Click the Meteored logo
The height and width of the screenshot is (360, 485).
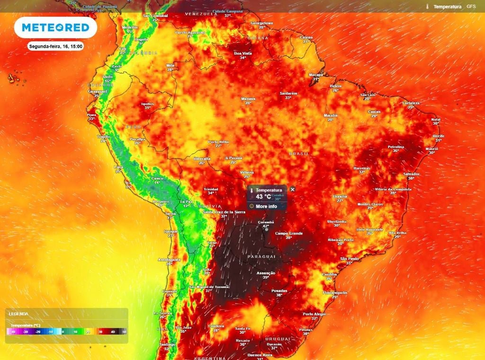[55, 28]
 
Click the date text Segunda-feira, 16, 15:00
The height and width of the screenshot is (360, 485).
[56, 46]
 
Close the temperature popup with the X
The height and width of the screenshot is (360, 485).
[292, 189]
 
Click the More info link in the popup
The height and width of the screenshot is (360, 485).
[266, 206]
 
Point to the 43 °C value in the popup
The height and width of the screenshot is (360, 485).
[264, 197]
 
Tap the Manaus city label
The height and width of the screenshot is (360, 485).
[248, 99]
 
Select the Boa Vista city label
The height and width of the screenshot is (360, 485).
[243, 54]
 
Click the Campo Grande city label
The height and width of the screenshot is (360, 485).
[289, 233]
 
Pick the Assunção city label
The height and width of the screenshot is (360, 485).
[266, 273]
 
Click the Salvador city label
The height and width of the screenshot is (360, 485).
[411, 174]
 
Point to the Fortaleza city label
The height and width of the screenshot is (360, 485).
[411, 103]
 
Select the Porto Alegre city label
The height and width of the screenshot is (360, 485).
[314, 314]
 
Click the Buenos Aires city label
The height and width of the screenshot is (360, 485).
[260, 354]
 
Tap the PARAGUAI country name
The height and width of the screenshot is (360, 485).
[261, 256]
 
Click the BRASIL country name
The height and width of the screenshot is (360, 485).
[299, 153]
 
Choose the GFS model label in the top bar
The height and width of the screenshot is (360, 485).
[471, 7]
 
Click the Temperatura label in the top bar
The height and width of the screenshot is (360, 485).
[448, 7]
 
